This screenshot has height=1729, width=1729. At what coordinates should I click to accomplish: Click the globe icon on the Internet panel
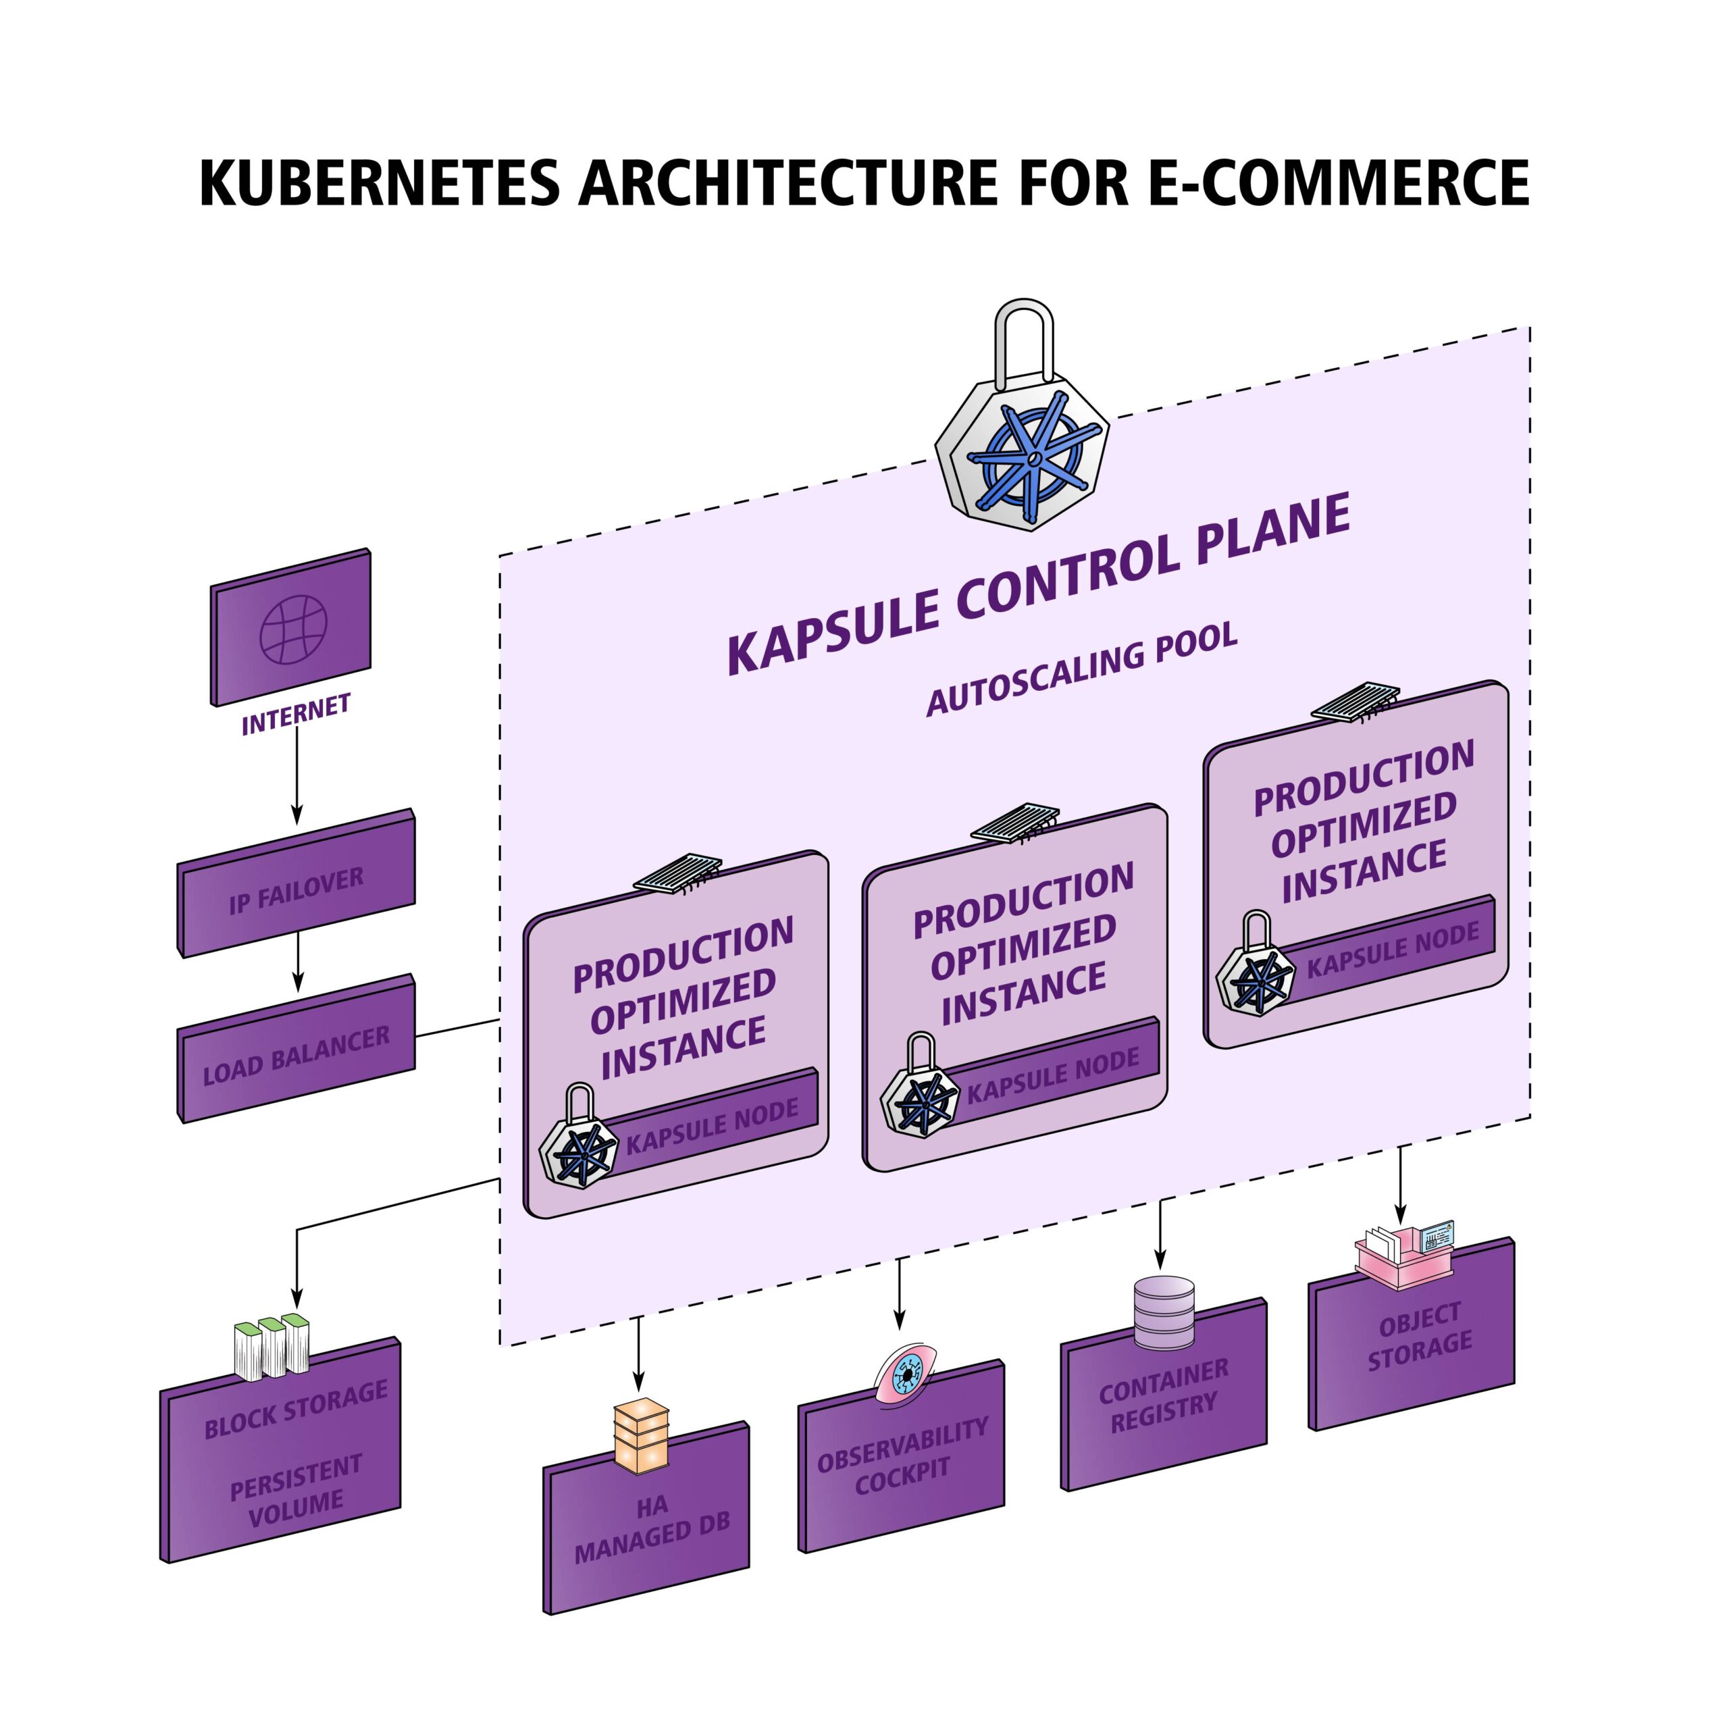294,630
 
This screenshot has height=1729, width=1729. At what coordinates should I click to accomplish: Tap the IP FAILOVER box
296,889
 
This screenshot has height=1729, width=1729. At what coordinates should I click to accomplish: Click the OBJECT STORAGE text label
1420,1336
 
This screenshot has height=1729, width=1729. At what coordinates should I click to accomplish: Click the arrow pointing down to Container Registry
1161,1239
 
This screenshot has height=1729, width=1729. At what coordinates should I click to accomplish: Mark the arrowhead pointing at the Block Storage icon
297,1299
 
